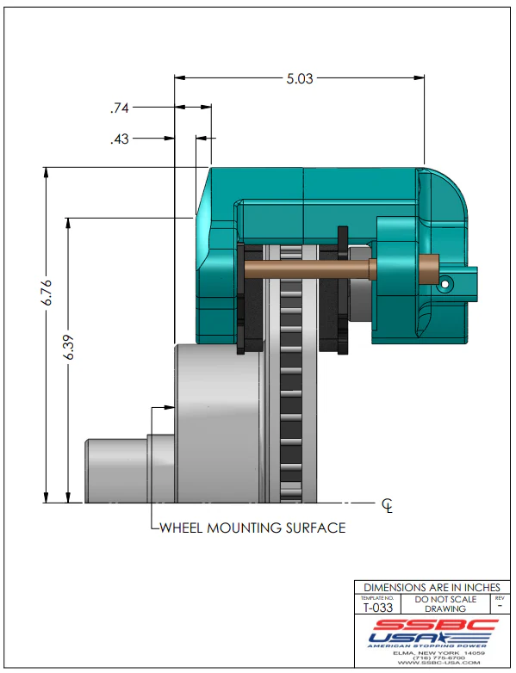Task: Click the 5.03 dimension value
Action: [x=300, y=78]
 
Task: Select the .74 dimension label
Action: [x=119, y=108]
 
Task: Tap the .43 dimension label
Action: [x=119, y=138]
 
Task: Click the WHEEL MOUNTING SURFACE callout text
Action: [x=253, y=528]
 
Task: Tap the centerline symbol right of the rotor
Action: [x=388, y=505]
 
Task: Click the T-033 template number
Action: [x=376, y=608]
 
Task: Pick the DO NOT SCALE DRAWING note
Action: [x=445, y=603]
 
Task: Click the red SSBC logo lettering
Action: [x=427, y=625]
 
